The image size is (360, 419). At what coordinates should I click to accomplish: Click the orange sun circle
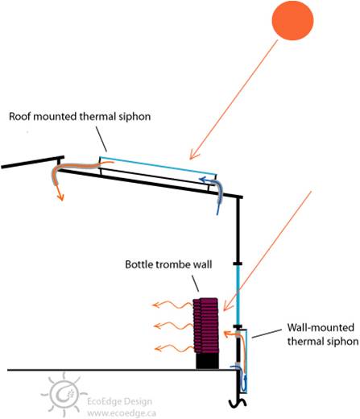292,20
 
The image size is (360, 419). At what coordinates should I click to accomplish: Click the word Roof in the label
19,117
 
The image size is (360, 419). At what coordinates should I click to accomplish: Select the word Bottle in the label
139,264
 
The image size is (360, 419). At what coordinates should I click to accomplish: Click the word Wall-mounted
321,327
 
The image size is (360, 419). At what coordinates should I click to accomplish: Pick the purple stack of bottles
206,326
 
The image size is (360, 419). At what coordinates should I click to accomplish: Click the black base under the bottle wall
207,361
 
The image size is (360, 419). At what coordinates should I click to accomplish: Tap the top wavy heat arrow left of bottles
172,305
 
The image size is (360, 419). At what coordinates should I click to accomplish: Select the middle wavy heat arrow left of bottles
173,326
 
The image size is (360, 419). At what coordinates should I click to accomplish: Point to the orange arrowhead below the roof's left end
60,197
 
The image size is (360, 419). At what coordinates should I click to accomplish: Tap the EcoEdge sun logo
64,394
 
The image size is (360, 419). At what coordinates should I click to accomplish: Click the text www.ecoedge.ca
122,413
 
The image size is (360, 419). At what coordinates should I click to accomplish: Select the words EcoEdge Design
119,402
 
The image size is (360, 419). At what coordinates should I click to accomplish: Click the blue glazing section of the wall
238,295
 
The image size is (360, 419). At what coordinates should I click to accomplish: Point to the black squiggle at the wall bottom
238,402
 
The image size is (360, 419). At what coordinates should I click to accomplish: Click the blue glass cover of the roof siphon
158,166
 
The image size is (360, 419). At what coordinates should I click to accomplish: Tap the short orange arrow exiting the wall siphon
232,334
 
